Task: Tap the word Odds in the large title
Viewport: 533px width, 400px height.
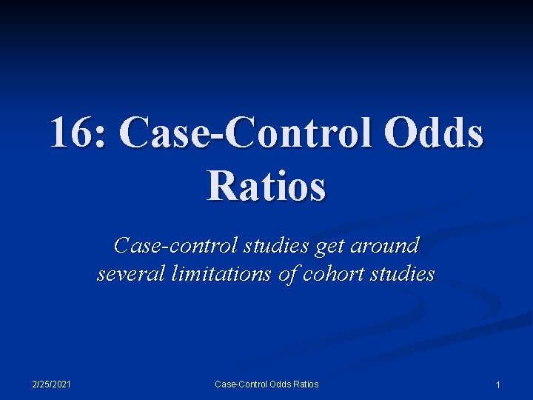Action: pos(438,134)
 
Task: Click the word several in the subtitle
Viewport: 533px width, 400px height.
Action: pos(131,274)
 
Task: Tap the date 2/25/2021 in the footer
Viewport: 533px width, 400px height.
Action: pos(52,384)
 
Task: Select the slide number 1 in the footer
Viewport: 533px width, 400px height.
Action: pos(497,384)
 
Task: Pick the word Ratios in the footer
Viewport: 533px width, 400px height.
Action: pos(306,384)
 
